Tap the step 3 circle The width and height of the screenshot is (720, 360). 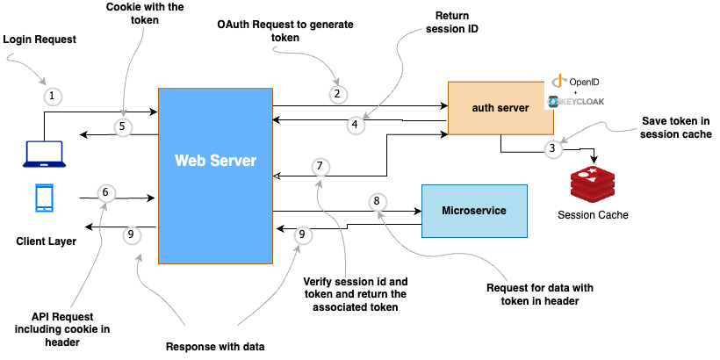pos(551,148)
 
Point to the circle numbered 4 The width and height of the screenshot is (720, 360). pos(355,125)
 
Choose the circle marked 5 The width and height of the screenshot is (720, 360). pos(124,126)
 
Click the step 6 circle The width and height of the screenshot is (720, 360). pos(105,192)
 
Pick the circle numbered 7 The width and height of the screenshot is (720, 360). pos(321,166)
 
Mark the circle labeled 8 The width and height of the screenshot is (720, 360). pos(377,201)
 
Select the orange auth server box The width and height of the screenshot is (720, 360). pos(497,108)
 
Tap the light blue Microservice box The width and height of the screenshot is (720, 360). pos(473,212)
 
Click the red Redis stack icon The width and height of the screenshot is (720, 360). pos(594,183)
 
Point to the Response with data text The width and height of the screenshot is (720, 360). pos(215,346)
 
